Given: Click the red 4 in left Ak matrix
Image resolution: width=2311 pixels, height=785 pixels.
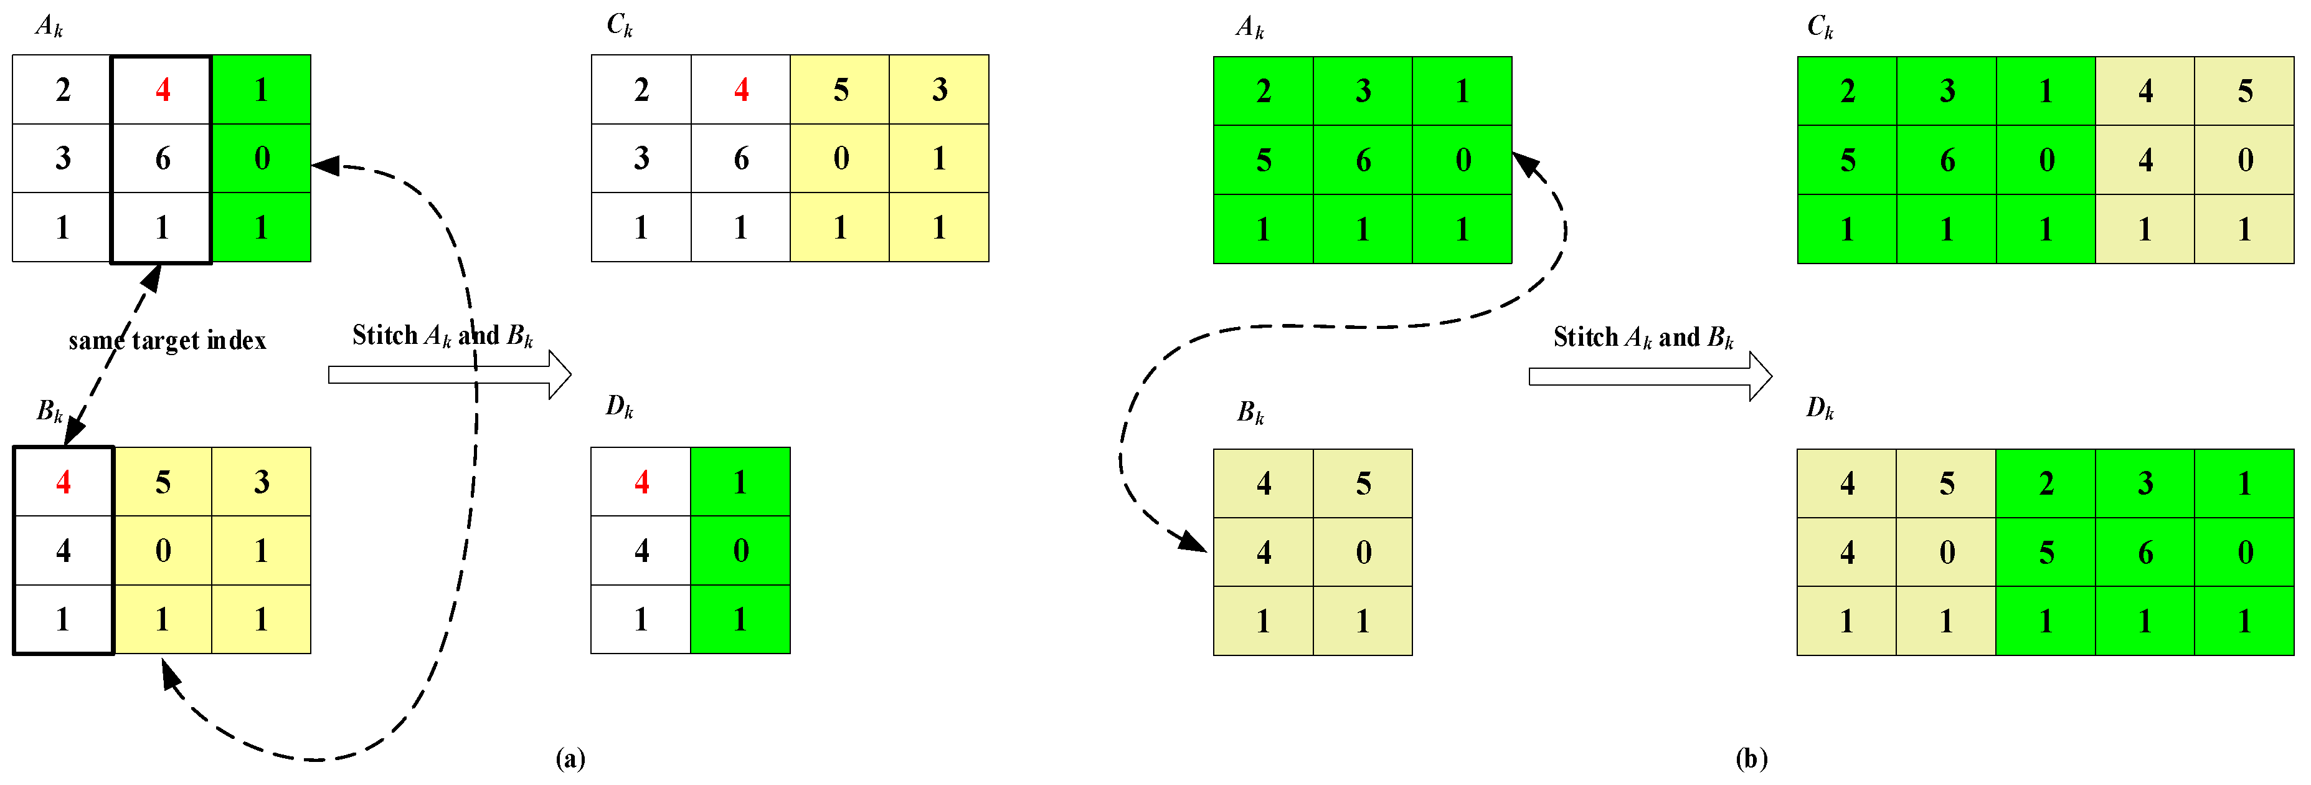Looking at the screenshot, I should pos(163,90).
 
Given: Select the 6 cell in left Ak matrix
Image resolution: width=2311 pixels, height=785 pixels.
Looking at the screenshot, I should pos(163,159).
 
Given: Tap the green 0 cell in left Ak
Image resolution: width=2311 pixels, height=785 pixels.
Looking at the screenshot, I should pos(261,159).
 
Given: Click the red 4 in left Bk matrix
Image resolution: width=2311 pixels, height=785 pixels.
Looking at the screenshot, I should pos(63,482).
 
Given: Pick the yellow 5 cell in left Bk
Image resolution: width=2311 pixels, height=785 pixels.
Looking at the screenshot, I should pos(163,482).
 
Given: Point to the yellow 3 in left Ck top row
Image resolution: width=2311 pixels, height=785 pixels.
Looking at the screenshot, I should pos(939,90).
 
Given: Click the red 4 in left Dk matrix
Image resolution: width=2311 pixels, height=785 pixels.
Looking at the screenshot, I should pos(641,482).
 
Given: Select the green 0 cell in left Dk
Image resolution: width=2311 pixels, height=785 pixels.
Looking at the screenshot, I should pos(740,550).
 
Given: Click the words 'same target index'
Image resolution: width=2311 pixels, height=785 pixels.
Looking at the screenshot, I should pos(168,341).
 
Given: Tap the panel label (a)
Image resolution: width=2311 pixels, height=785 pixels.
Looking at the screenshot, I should pos(570,758).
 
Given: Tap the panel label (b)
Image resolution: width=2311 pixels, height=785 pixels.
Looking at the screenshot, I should pos(1751,758).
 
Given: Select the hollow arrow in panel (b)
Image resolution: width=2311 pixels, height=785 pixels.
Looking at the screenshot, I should pos(1649,376).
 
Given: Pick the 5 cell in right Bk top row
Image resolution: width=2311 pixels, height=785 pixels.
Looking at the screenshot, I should pos(1363,483).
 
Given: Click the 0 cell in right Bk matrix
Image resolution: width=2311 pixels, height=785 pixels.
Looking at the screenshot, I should pos(1363,553).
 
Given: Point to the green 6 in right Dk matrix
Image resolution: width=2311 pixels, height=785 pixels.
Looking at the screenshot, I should pos(2145,553).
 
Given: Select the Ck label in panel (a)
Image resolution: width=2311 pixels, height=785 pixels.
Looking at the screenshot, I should pos(619,26).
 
